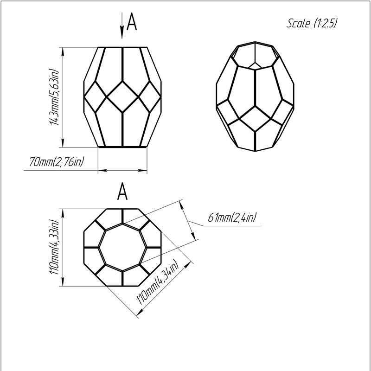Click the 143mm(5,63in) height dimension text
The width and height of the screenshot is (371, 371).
[54, 97]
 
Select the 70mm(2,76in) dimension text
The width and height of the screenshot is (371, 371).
[59, 162]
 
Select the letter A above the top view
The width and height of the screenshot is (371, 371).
[122, 192]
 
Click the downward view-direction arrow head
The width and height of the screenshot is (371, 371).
[122, 34]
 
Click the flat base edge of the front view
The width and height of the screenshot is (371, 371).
[123, 147]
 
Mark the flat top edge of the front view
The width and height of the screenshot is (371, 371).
[123, 47]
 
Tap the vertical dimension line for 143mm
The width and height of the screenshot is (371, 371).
[63, 97]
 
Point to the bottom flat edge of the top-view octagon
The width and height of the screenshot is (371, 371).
[123, 285]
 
